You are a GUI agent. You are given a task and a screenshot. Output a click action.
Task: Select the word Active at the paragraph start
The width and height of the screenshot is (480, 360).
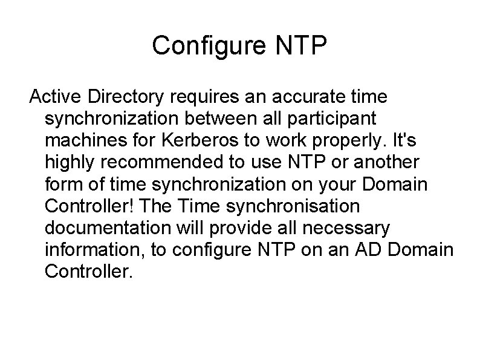56,96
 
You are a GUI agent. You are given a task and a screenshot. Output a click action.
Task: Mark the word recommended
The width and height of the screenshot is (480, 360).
167,162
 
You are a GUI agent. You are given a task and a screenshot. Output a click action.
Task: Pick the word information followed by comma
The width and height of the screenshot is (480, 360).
94,249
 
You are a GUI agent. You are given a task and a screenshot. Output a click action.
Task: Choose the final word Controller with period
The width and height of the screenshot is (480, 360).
88,271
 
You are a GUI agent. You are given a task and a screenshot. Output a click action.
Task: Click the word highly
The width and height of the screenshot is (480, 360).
71,162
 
